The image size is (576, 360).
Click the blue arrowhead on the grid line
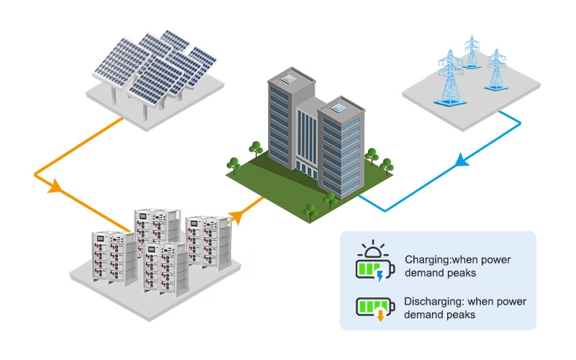(x=462, y=161)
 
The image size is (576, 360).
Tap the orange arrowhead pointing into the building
(x=236, y=216)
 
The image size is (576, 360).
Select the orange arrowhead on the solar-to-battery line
(x=55, y=186)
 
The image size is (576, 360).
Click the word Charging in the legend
(x=428, y=260)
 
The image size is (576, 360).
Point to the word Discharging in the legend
(x=433, y=302)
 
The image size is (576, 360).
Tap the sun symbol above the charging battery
(x=373, y=248)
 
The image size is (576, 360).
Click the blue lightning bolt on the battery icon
(x=380, y=276)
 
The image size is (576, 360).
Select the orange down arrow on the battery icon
(x=380, y=315)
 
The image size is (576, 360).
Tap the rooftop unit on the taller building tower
(x=289, y=79)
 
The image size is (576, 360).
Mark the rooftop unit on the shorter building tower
(x=338, y=108)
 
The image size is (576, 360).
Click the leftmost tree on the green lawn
(x=233, y=166)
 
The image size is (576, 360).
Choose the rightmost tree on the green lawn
(x=387, y=166)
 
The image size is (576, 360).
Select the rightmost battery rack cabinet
(x=209, y=243)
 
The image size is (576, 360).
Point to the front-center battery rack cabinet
(x=166, y=269)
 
